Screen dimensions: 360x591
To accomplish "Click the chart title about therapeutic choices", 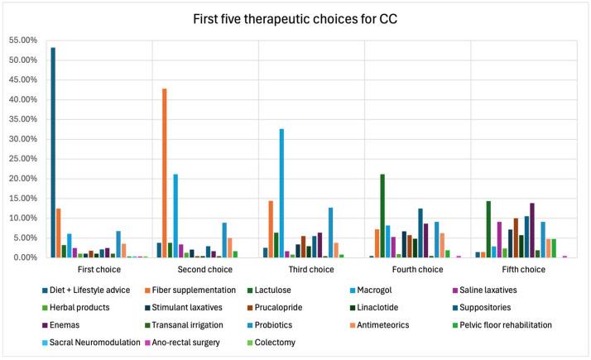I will coord(295,18).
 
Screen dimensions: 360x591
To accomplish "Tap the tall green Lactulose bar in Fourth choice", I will coord(382,215).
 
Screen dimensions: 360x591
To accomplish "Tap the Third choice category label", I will coord(311,270).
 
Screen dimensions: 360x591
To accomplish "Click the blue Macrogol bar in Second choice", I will coord(175,215).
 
